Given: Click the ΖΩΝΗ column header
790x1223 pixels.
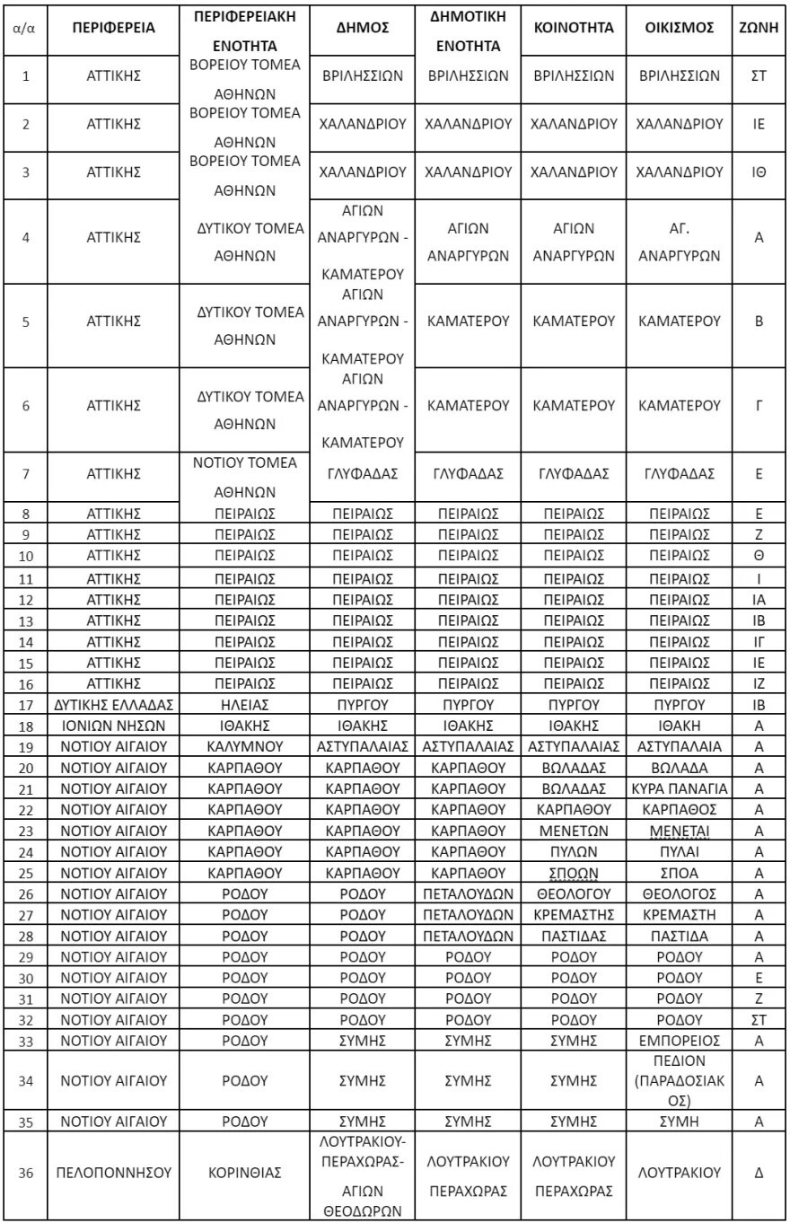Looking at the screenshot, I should (759, 28).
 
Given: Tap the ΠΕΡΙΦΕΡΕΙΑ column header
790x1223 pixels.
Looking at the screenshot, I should (114, 28).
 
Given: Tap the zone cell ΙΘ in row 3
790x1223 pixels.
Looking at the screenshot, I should (759, 172).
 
